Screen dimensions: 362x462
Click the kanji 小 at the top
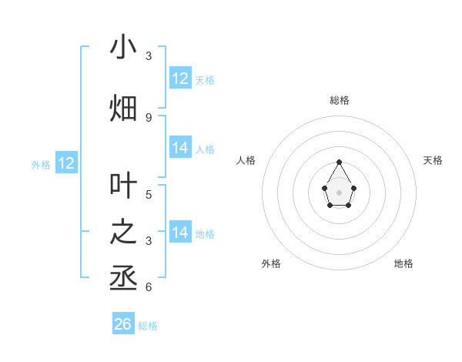[x=123, y=47]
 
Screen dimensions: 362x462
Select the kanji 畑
[x=123, y=109]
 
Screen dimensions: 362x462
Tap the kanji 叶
[x=123, y=186]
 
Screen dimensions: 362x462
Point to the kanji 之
[x=123, y=232]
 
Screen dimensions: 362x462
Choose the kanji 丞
[x=123, y=278]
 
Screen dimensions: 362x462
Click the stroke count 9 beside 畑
[x=149, y=117]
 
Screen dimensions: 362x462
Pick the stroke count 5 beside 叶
[x=149, y=194]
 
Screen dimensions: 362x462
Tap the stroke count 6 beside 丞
[x=149, y=287]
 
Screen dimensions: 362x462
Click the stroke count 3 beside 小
[x=149, y=55]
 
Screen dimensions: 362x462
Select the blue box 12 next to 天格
[x=180, y=79]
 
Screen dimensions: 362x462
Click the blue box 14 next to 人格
[x=180, y=148]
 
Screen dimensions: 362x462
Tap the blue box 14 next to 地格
[x=180, y=233]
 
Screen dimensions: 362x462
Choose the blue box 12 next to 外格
[x=66, y=163]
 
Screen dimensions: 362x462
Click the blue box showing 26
[x=123, y=324]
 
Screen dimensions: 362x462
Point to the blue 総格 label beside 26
[x=148, y=326]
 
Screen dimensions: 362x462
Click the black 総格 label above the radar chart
[x=340, y=100]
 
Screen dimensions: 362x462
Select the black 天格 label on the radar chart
[x=433, y=160]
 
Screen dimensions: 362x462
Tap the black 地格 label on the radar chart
[x=403, y=263]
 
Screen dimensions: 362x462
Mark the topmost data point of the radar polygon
[x=340, y=162]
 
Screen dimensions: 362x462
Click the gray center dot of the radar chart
[x=340, y=191]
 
